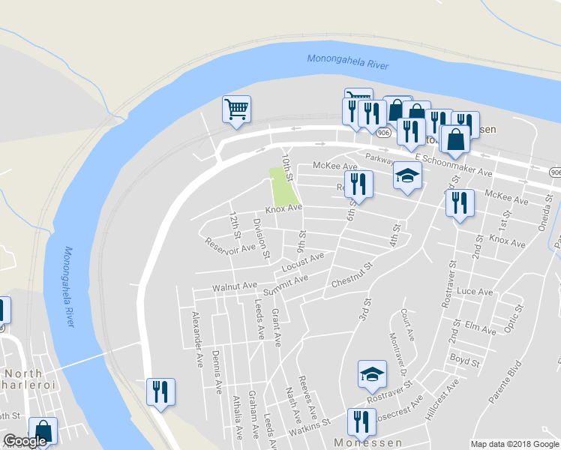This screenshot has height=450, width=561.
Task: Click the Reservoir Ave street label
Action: (229, 243)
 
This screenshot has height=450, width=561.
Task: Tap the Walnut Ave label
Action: (235, 286)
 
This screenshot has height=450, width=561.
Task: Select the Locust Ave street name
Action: (303, 262)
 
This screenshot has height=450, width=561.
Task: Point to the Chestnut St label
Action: (352, 276)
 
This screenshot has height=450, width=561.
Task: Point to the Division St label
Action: (260, 238)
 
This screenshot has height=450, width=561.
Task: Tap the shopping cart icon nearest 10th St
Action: (236, 109)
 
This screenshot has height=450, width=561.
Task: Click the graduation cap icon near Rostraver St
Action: (372, 375)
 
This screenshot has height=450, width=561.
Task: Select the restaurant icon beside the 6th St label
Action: (358, 184)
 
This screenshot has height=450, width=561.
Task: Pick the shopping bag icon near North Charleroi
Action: (42, 431)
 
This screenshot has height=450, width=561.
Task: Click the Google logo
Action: (25, 442)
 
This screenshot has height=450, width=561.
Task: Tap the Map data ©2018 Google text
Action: (514, 444)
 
